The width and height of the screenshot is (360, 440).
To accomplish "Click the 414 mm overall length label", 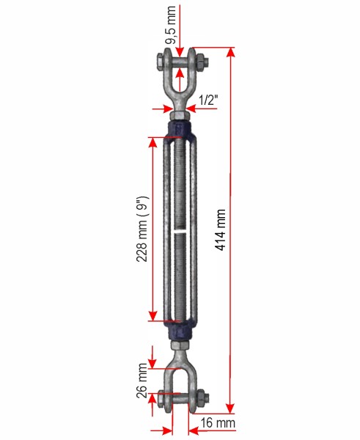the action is tap(221, 230).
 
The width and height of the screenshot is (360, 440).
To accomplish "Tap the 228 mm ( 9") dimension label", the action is tap(142, 229).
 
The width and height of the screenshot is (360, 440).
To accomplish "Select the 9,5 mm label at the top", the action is tap(171, 25).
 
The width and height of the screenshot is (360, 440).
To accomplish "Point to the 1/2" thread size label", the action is tap(208, 100).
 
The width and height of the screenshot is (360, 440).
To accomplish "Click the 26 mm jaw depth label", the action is tap(142, 380).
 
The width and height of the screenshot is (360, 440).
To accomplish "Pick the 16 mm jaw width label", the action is tap(218, 423).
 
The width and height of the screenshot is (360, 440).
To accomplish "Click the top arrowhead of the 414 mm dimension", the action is tap(231, 53).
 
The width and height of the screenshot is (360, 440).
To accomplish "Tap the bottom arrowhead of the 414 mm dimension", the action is tap(230, 408).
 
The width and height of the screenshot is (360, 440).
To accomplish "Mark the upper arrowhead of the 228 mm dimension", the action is tap(153, 142).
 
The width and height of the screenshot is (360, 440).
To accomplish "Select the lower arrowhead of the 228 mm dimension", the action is tap(153, 315).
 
